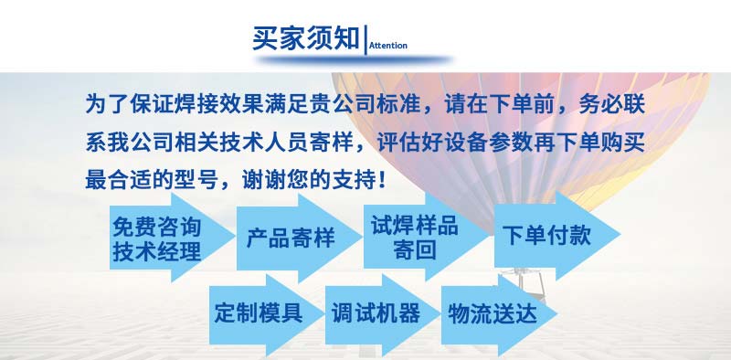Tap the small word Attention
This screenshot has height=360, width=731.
point(388,45)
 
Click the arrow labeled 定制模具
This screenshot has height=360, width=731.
point(260,313)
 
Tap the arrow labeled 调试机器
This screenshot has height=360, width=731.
point(376,313)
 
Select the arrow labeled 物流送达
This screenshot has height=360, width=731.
point(492,313)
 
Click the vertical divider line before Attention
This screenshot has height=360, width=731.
point(365,40)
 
